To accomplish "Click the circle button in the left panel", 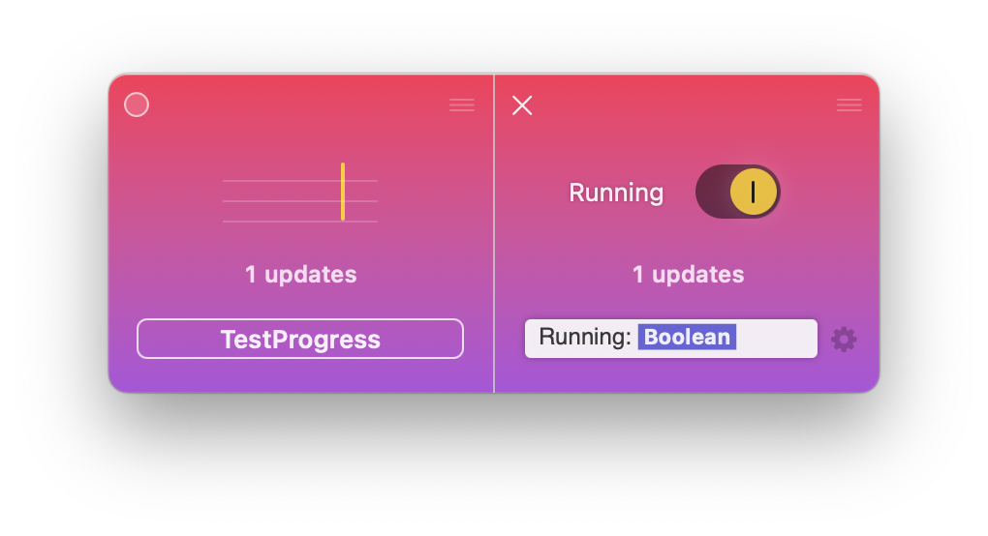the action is [x=137, y=104].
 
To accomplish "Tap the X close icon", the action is [x=522, y=105].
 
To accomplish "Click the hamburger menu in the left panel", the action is [x=462, y=105].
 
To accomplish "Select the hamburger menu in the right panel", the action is [x=849, y=105].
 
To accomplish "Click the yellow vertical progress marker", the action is [x=343, y=192].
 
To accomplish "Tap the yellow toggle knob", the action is [x=753, y=192].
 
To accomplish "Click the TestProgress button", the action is [x=300, y=339].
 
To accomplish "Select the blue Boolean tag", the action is [x=687, y=338].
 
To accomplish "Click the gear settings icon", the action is [x=844, y=339].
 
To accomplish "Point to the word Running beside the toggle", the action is [x=616, y=193].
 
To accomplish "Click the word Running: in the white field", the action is [x=585, y=338].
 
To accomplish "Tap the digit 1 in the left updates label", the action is [x=251, y=275].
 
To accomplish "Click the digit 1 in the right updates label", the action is [x=638, y=275].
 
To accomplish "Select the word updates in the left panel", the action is [x=311, y=275].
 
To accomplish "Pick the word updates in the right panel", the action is [x=698, y=275].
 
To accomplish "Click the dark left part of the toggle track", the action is [x=713, y=192].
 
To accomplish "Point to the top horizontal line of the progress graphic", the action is [x=300, y=181].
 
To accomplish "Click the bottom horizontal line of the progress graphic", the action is [x=300, y=222].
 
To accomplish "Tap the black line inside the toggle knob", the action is [x=753, y=192].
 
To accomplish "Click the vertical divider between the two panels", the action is [x=494, y=233].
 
